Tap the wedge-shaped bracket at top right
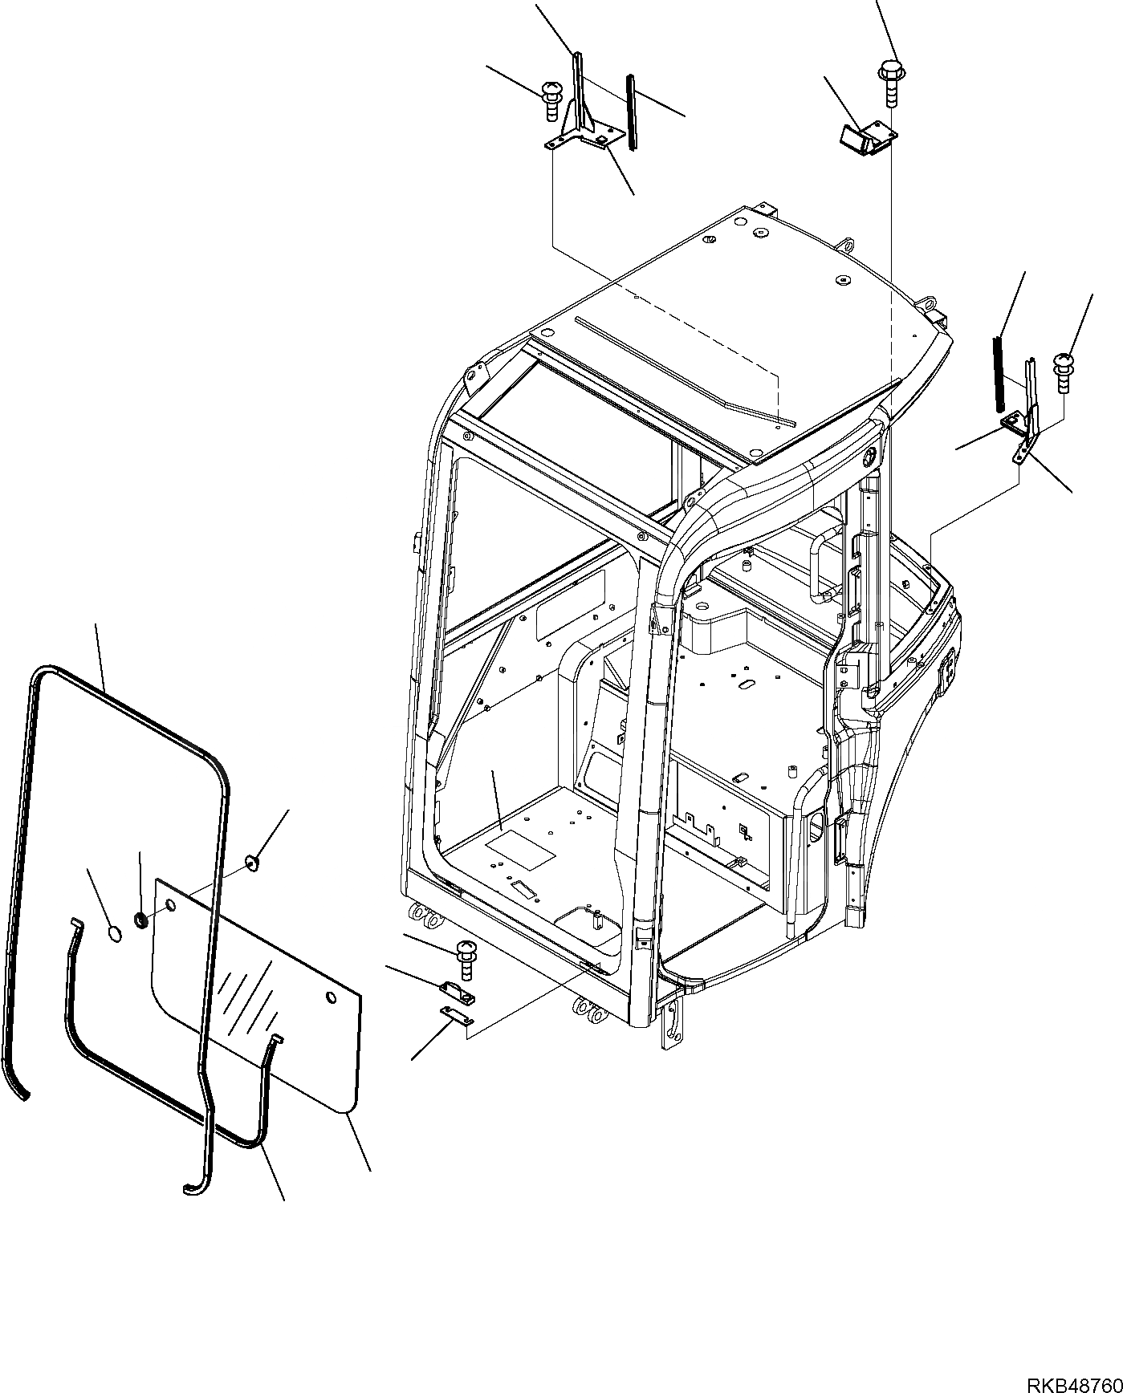click(868, 136)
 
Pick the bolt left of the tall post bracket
click(551, 98)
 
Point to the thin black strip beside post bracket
click(632, 112)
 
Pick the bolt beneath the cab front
click(465, 958)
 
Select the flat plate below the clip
click(455, 1016)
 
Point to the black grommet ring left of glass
click(141, 920)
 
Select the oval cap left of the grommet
click(115, 932)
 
